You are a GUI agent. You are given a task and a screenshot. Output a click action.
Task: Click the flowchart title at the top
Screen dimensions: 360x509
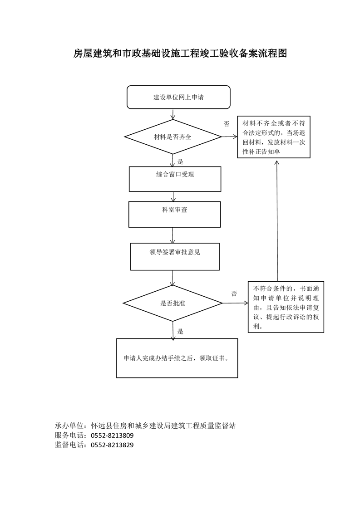click(x=180, y=53)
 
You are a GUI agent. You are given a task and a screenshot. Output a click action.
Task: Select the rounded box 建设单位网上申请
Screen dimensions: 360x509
click(x=178, y=97)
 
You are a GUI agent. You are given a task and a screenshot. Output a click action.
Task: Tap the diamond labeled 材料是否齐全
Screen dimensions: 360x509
click(x=173, y=137)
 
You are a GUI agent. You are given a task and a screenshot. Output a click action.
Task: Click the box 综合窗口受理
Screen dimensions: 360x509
click(x=175, y=179)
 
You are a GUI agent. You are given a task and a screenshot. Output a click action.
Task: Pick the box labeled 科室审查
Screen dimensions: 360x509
click(x=174, y=214)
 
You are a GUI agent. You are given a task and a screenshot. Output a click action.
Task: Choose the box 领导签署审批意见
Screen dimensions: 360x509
click(x=175, y=256)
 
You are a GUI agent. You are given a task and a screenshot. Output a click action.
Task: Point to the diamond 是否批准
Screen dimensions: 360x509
click(x=173, y=303)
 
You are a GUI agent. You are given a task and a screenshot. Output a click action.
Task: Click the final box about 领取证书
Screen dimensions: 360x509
click(x=177, y=358)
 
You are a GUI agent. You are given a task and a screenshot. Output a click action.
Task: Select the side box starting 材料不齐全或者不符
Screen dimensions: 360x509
click(x=274, y=137)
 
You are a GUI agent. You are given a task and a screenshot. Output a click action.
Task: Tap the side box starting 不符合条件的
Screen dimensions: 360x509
click(x=286, y=307)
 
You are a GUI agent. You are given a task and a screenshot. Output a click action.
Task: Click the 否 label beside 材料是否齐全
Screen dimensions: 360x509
click(x=227, y=124)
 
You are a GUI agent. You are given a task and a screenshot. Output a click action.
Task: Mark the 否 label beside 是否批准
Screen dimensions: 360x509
click(x=234, y=294)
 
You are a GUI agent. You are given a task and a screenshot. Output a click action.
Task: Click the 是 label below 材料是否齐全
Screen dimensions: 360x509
click(x=180, y=162)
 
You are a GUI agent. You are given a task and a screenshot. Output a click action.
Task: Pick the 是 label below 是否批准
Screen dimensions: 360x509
click(x=180, y=331)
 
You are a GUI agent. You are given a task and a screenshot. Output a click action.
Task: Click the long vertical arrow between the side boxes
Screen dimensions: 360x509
click(x=277, y=220)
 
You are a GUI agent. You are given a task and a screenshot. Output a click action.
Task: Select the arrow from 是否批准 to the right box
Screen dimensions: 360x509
click(x=235, y=303)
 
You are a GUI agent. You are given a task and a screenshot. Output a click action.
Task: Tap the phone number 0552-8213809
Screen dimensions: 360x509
click(x=112, y=436)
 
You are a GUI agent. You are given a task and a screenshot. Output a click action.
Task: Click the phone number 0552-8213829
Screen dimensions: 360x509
click(x=112, y=445)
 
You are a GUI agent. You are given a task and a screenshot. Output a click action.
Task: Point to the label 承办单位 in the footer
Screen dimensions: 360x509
click(x=68, y=426)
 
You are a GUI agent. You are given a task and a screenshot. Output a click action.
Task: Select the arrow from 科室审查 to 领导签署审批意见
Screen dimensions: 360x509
click(x=172, y=235)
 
